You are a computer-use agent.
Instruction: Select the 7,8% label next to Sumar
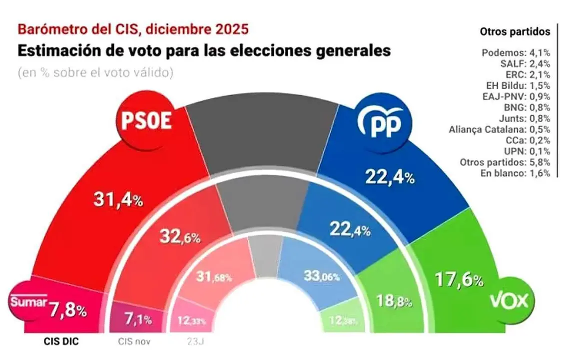tap(69, 310)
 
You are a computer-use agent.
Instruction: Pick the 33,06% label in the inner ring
tap(322, 275)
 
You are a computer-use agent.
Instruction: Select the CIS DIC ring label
tap(59, 342)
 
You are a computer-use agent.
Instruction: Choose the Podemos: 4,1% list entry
tap(516, 53)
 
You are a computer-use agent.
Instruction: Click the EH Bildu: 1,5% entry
tap(517, 85)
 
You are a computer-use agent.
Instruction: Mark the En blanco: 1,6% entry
tap(516, 173)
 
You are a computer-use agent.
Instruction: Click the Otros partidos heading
tap(515, 32)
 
